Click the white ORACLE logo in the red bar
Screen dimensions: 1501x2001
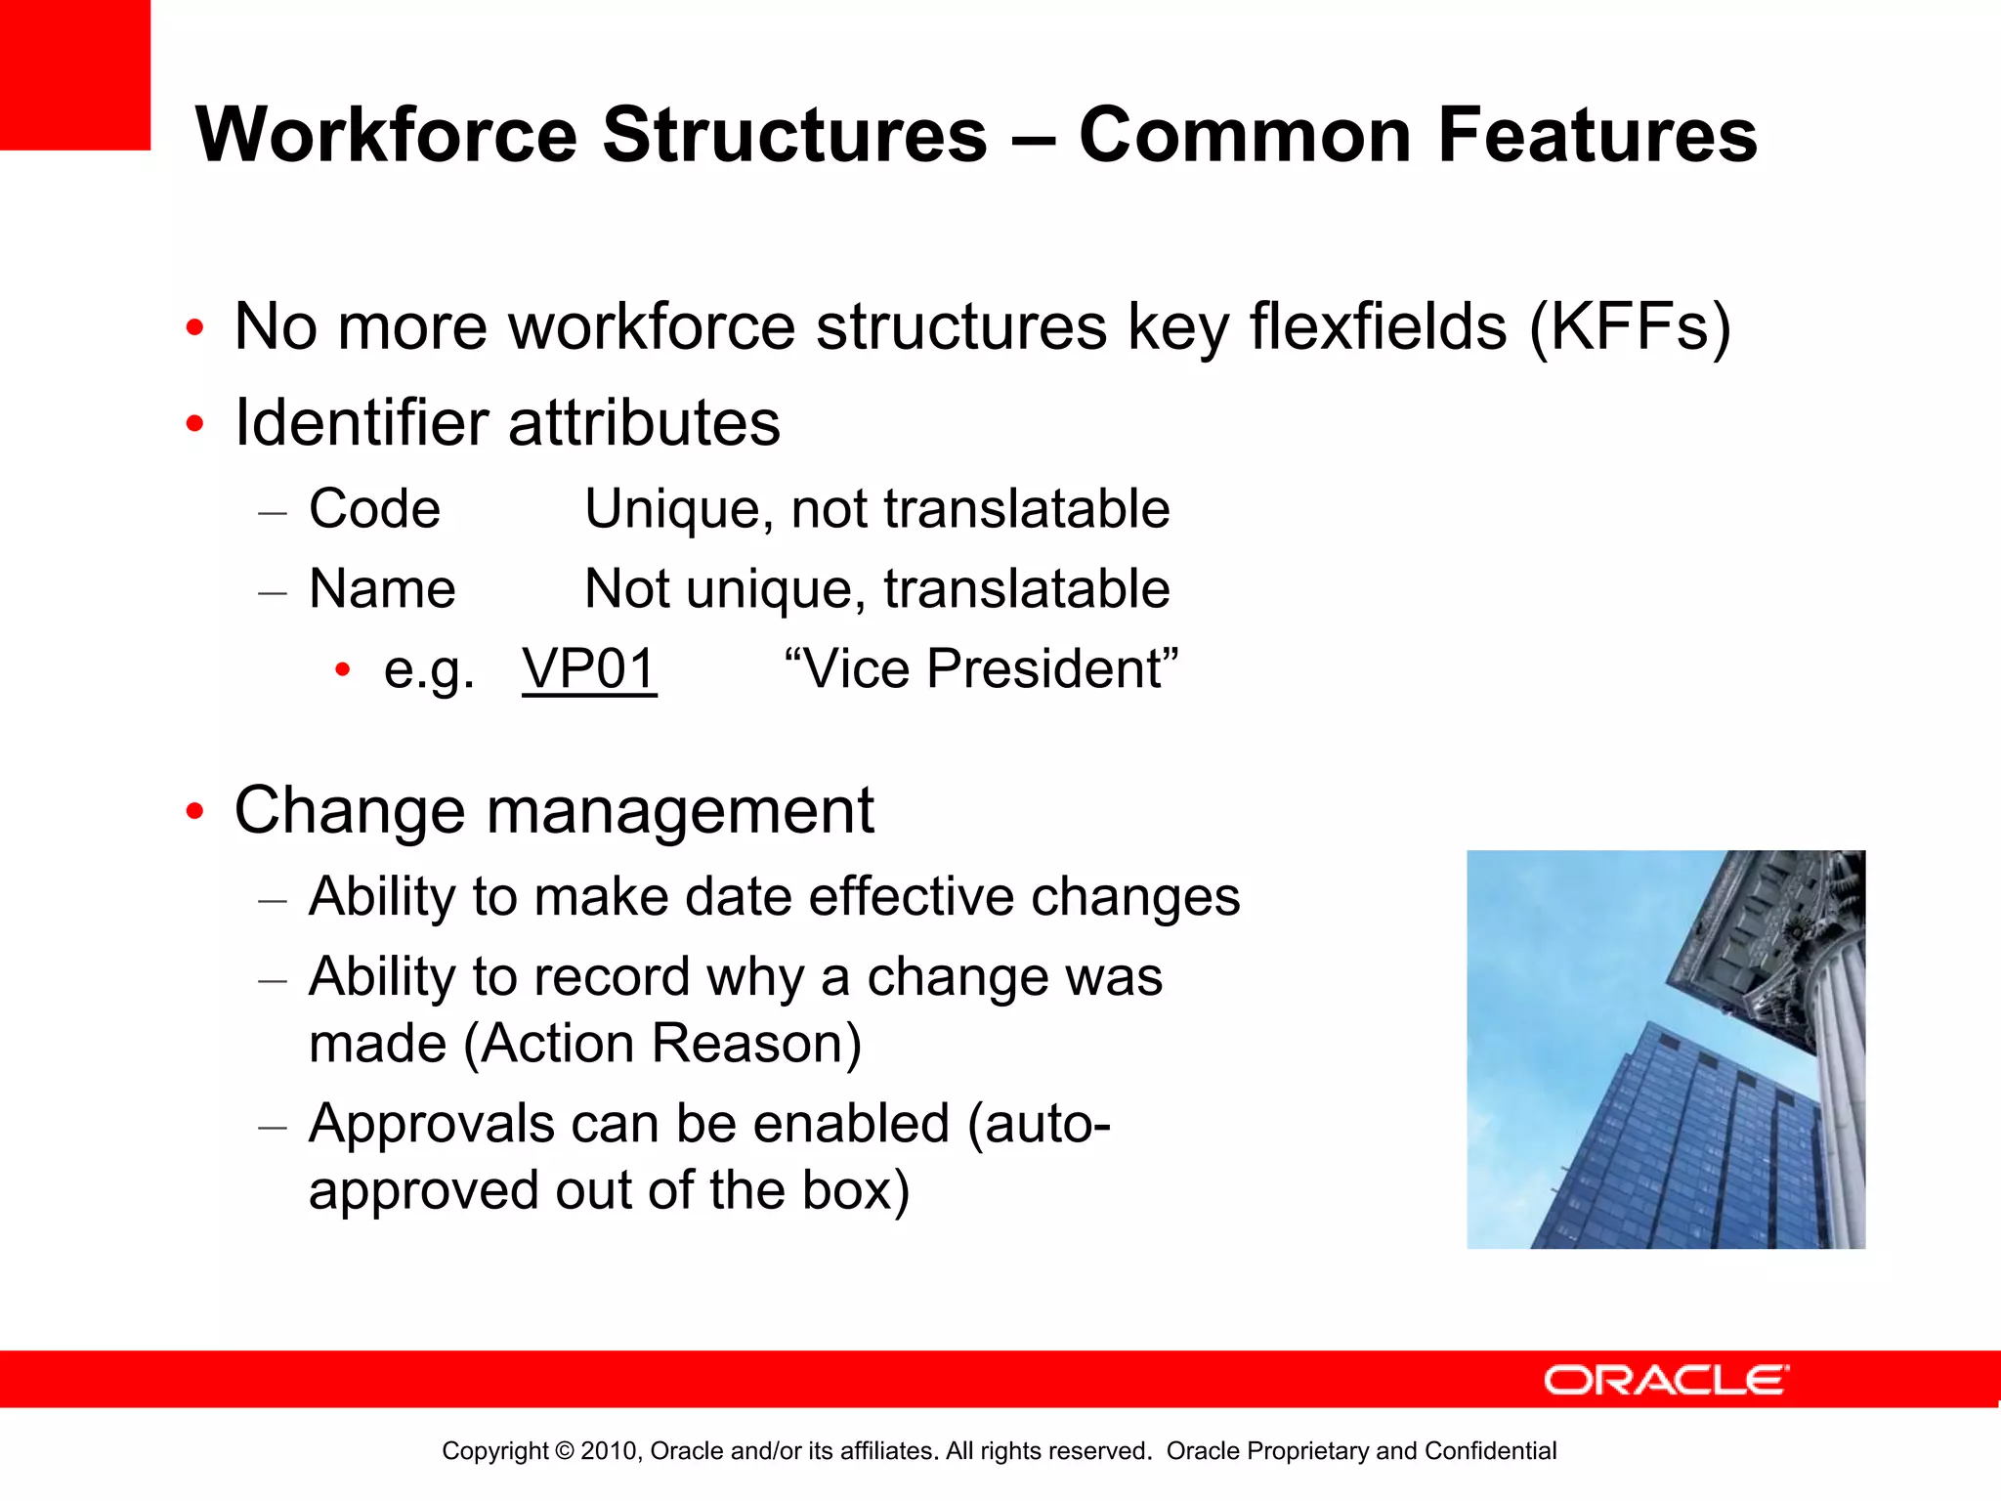click(1666, 1380)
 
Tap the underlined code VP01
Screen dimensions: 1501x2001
click(589, 669)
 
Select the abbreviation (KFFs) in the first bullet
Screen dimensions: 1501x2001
click(1630, 326)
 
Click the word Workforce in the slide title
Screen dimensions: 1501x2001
click(387, 135)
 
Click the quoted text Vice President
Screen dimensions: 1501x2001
click(981, 669)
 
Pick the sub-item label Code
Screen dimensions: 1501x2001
click(374, 509)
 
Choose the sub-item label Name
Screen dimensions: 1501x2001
click(382, 589)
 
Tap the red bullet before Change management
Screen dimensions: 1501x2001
click(195, 811)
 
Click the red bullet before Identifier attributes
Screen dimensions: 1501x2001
click(195, 424)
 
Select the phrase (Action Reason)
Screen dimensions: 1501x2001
click(662, 1044)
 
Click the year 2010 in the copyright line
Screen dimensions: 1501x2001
click(609, 1451)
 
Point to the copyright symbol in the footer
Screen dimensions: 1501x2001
click(564, 1451)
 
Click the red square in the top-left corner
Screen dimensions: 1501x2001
click(74, 74)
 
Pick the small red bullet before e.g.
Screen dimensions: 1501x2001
click(342, 670)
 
